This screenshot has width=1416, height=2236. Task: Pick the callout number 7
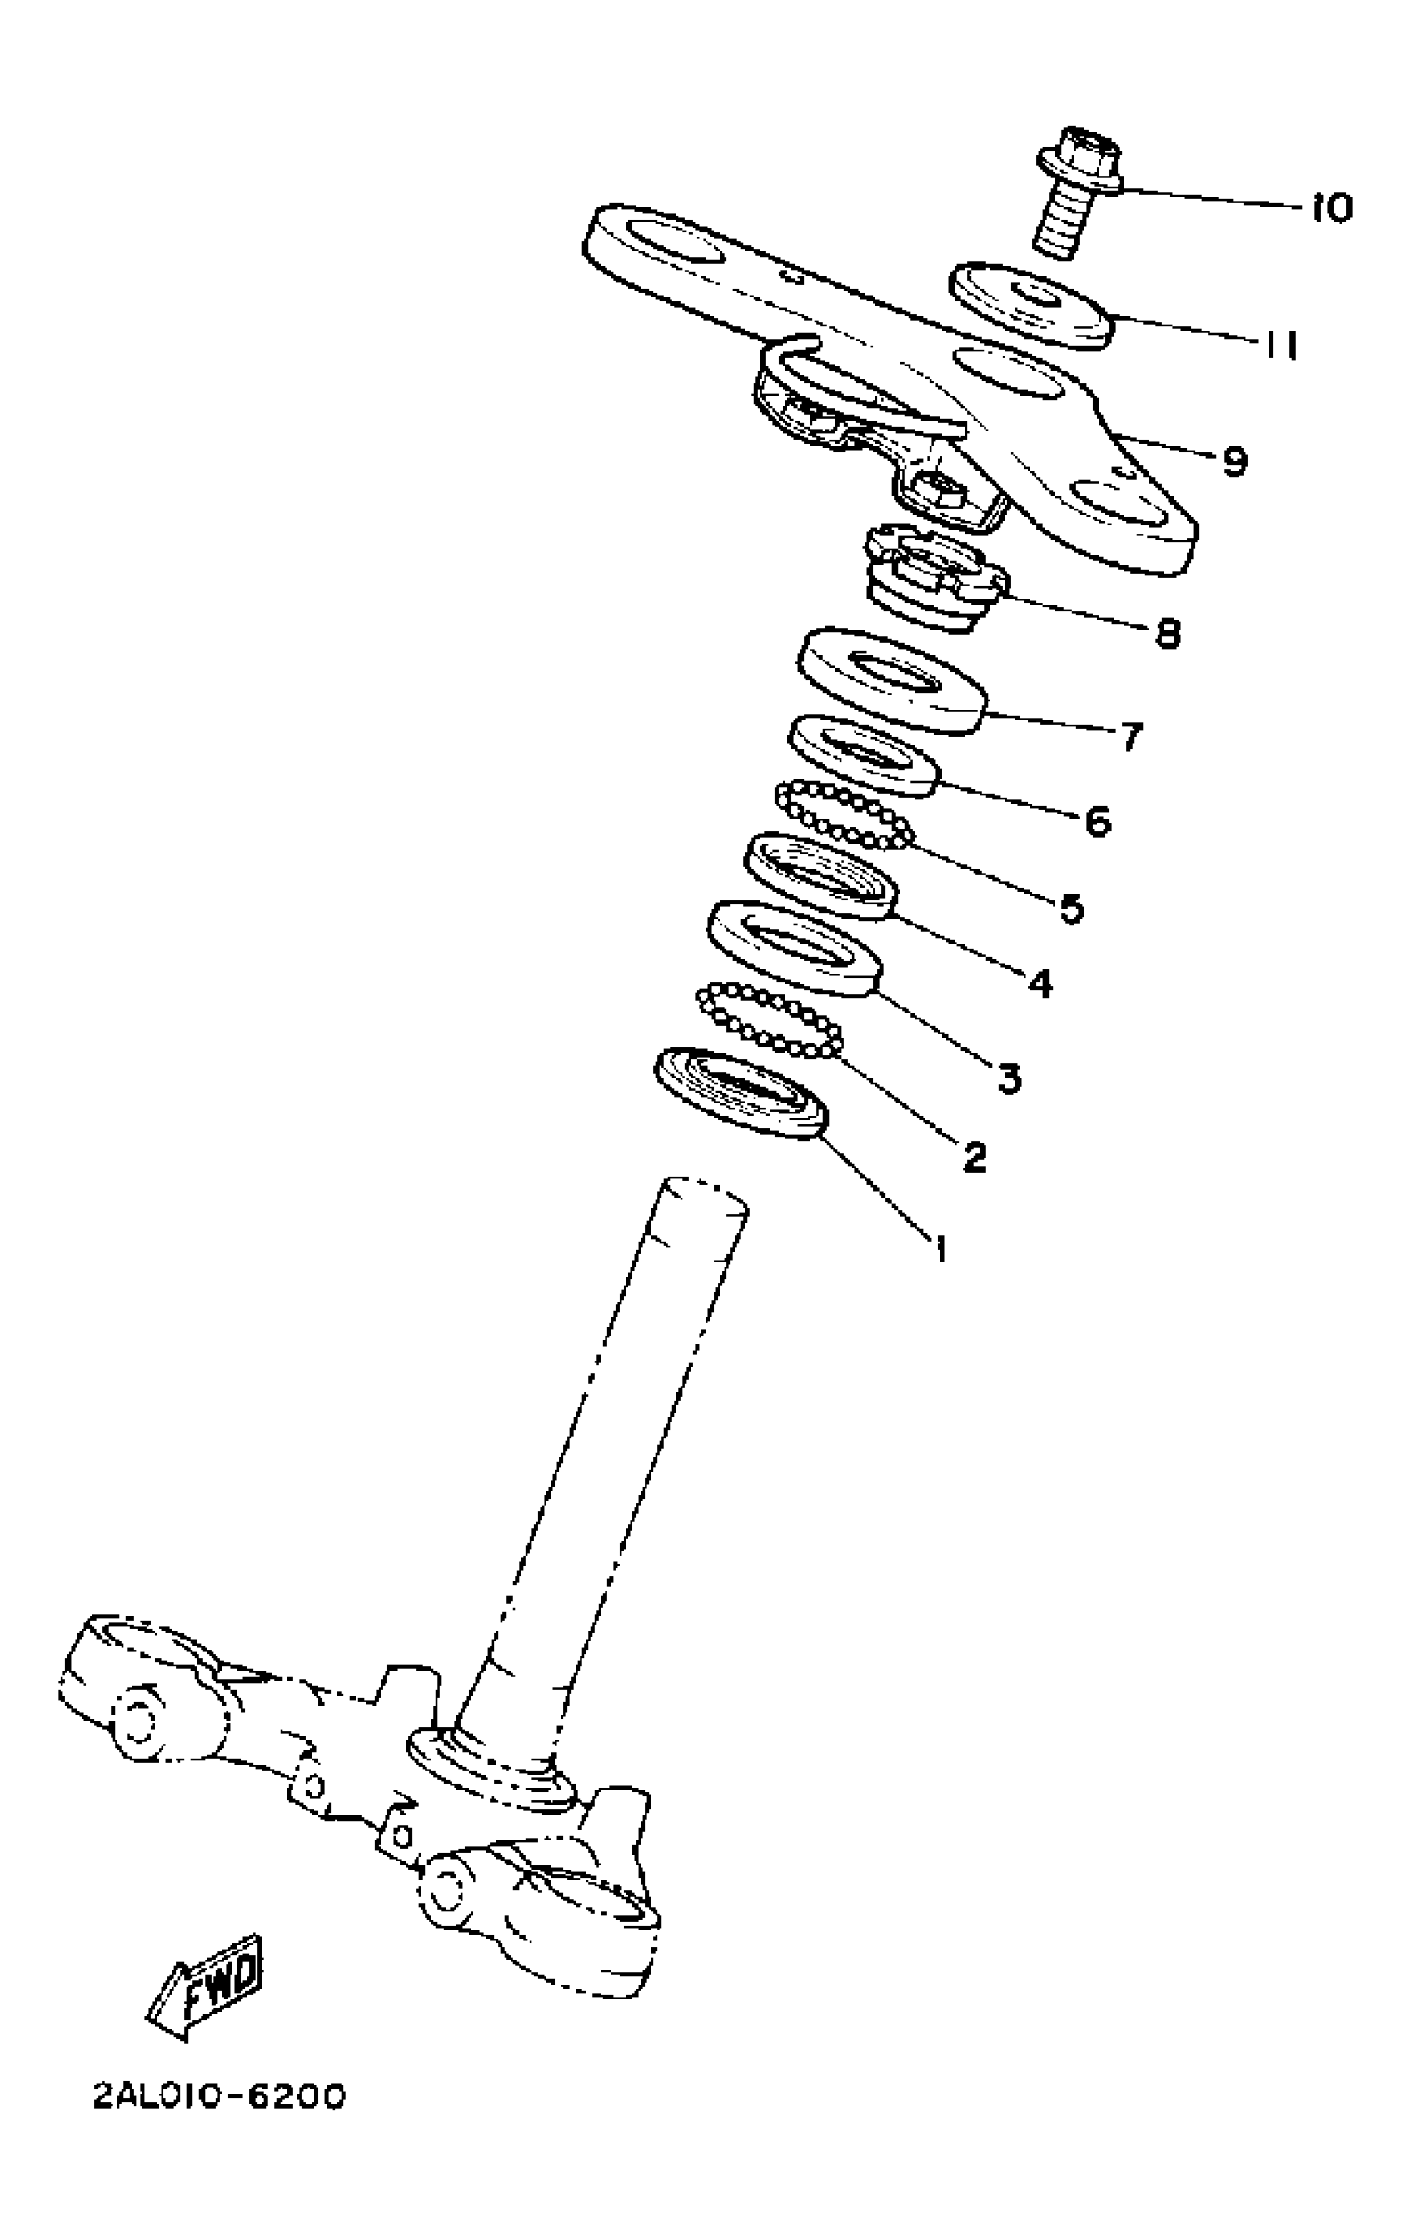(1130, 736)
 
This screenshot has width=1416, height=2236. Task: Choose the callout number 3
(1010, 1077)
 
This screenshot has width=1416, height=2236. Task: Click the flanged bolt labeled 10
(1077, 192)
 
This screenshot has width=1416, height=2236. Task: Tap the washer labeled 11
(1030, 306)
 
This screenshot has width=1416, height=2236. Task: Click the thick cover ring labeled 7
(890, 680)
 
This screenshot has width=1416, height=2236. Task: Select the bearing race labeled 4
(820, 874)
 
